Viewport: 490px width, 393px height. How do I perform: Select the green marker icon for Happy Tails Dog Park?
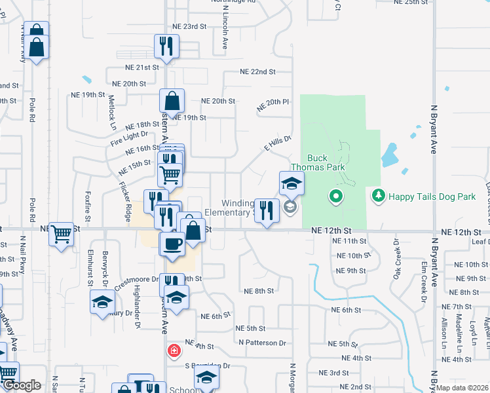point(378,195)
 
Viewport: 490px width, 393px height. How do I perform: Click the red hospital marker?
point(173,350)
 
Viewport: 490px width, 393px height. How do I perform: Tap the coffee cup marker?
point(172,244)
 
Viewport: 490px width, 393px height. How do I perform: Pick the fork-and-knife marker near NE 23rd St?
point(166,47)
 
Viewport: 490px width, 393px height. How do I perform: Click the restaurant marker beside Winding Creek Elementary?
point(266,211)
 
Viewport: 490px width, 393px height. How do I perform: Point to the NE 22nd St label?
point(257,71)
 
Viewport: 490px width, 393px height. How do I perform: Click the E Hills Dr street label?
point(277,143)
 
